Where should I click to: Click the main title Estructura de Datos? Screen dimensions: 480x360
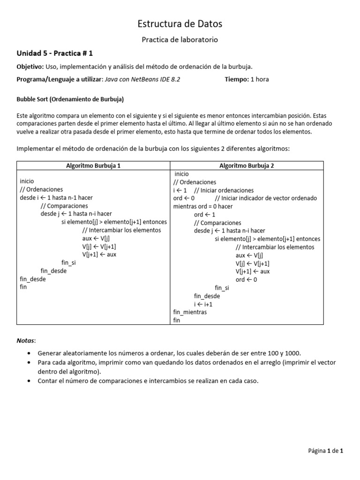coord(180,23)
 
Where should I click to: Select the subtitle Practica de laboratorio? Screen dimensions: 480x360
coord(180,40)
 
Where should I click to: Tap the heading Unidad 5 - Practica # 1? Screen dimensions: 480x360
coord(58,53)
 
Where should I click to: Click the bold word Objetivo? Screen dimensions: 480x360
coord(30,67)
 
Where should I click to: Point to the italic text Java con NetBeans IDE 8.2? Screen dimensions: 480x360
coord(142,79)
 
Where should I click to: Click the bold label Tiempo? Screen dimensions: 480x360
coord(237,79)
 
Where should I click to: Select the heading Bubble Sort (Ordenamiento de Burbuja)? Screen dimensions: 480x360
coord(70,99)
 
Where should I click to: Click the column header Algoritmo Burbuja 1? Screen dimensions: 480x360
coord(93,165)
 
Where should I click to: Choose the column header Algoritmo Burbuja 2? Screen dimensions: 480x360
coord(247,165)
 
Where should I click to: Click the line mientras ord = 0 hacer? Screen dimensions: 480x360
coord(202,206)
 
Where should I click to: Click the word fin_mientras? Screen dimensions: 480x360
coord(190,312)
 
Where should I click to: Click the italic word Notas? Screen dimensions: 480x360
coord(26,339)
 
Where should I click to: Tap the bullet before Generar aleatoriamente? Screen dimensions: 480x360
coord(30,353)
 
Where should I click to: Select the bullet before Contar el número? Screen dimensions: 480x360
coord(30,381)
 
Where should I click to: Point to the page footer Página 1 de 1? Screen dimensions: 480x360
coord(326,451)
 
